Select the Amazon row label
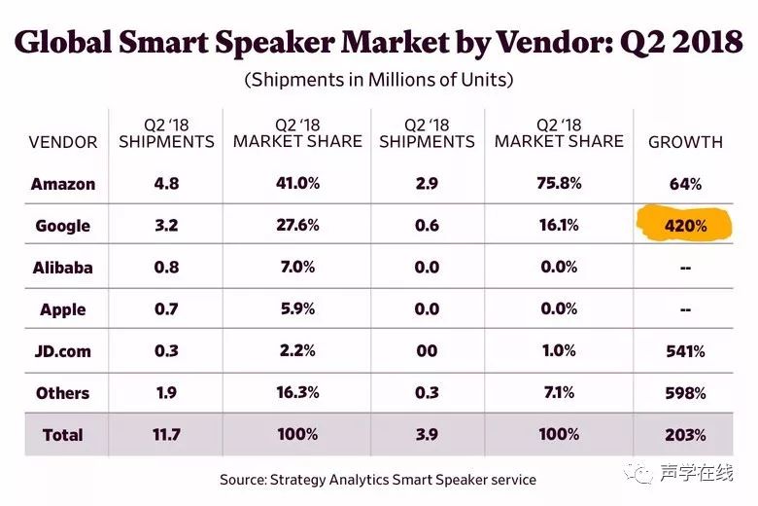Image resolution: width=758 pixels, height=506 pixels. (63, 183)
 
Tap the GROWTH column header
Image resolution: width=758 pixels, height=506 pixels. (685, 141)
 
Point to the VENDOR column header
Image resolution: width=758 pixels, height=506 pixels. (63, 141)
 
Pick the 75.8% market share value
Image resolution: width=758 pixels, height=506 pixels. (558, 183)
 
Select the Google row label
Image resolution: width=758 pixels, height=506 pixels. (63, 226)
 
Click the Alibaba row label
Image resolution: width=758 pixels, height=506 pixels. (63, 268)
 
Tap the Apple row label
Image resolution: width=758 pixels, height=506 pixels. (63, 309)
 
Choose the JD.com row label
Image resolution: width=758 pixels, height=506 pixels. (63, 351)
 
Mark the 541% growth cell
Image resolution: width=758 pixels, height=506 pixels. (685, 351)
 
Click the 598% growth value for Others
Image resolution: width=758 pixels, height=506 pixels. (685, 393)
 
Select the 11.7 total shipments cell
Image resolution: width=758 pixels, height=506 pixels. (165, 435)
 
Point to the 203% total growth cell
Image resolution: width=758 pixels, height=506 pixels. (685, 435)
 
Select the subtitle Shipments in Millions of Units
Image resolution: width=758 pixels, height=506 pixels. (379, 80)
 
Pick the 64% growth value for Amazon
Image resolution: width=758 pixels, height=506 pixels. (685, 183)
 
